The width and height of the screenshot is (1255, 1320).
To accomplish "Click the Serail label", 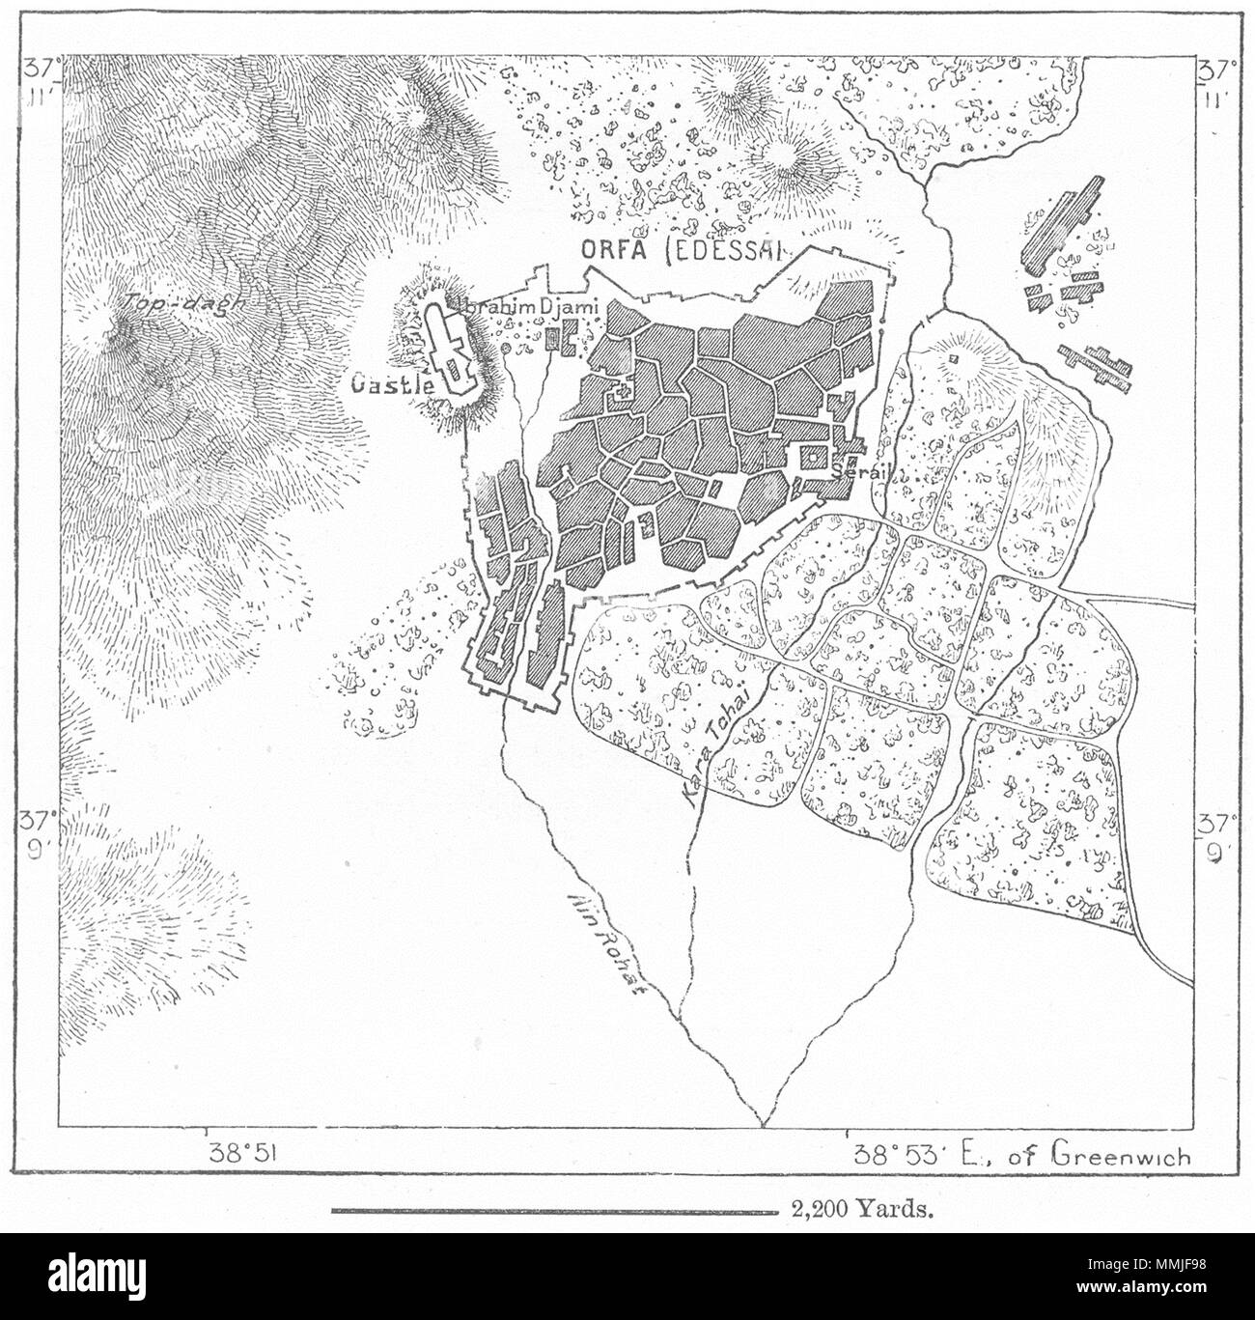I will coord(857,472).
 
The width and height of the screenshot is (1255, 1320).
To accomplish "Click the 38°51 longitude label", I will coord(244,1154).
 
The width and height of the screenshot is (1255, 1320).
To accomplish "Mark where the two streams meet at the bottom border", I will coord(762,1124).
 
